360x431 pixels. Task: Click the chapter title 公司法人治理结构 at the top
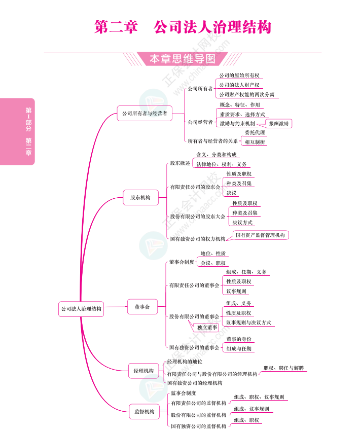(x=212, y=27)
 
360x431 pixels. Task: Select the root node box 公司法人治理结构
(x=81, y=308)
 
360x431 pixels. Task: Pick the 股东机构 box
(x=140, y=198)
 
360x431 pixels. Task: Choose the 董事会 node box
(x=142, y=307)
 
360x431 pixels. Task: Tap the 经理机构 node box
(x=143, y=371)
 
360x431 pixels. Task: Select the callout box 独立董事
(x=207, y=328)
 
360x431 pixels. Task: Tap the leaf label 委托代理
(x=255, y=133)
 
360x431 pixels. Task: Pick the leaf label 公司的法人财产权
(x=239, y=85)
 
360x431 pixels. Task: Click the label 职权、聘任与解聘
(x=283, y=368)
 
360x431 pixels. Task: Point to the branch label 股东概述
(x=180, y=163)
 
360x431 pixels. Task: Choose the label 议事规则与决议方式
(x=248, y=322)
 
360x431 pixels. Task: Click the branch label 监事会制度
(x=183, y=393)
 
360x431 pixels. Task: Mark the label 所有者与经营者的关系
(x=212, y=141)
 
